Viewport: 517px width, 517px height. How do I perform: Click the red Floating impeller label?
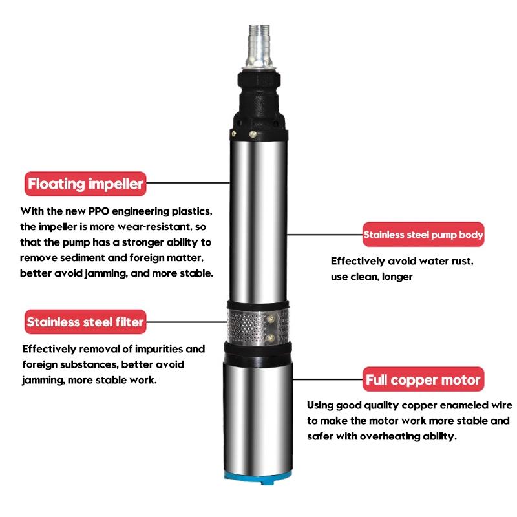(x=84, y=184)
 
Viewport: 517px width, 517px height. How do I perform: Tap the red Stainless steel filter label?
(x=85, y=321)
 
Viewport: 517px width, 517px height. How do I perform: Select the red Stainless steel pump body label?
(x=423, y=235)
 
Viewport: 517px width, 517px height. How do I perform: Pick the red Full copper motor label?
(x=424, y=379)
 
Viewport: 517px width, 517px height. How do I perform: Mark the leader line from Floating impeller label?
(x=187, y=184)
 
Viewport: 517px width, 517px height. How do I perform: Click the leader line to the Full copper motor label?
(x=323, y=379)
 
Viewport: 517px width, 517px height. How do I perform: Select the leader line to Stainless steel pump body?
(x=323, y=235)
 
